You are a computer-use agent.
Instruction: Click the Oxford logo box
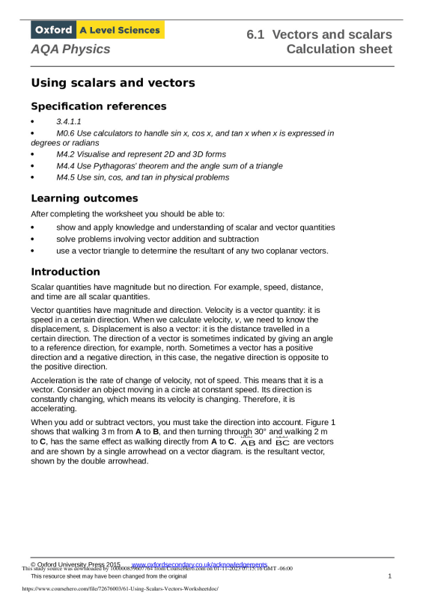54,31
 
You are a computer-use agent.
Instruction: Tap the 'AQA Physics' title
70,49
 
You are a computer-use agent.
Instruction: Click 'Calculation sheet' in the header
339,49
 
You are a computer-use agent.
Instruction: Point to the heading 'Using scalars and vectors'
113,82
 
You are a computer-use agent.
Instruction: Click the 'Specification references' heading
98,106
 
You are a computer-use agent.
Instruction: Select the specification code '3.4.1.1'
69,121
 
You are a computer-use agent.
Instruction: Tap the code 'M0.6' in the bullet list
68,132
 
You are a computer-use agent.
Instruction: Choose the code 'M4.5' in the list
68,177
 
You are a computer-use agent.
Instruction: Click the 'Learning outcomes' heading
85,198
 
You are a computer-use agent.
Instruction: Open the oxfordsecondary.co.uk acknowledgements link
199,564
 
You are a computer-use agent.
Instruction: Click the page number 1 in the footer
390,576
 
